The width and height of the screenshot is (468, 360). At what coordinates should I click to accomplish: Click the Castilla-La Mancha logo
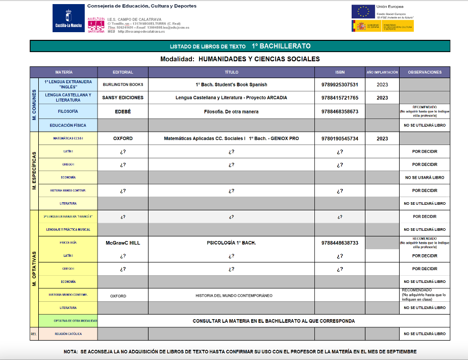click(69, 18)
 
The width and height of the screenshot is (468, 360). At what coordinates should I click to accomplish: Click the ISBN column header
click(339, 72)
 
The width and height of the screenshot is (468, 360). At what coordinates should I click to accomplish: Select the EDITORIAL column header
click(122, 72)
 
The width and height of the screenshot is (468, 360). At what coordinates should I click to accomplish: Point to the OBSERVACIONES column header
click(425, 72)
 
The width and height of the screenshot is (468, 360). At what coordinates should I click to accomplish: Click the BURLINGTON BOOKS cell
click(122, 84)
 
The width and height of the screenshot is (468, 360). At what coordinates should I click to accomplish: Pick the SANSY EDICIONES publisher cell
click(122, 98)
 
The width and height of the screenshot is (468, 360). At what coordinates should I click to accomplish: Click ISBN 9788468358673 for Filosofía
click(339, 111)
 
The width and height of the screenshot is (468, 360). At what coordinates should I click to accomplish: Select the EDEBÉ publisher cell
click(122, 111)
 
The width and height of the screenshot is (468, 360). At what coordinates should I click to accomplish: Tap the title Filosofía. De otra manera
click(231, 111)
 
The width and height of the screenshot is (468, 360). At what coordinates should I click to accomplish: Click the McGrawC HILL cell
click(122, 243)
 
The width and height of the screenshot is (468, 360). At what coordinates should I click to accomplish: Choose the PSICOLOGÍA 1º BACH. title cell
click(231, 243)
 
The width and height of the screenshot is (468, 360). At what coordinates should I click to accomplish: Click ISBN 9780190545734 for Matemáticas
click(339, 138)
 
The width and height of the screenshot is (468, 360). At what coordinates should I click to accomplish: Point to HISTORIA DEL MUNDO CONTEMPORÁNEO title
click(234, 296)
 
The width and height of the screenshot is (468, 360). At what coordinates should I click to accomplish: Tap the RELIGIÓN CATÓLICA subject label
click(68, 334)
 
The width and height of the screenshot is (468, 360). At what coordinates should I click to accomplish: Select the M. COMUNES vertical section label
click(34, 105)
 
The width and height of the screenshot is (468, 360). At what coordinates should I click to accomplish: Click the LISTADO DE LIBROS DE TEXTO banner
click(240, 46)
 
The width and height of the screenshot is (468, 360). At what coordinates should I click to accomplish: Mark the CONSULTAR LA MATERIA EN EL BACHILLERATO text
click(274, 321)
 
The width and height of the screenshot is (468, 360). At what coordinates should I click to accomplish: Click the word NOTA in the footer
click(70, 352)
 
